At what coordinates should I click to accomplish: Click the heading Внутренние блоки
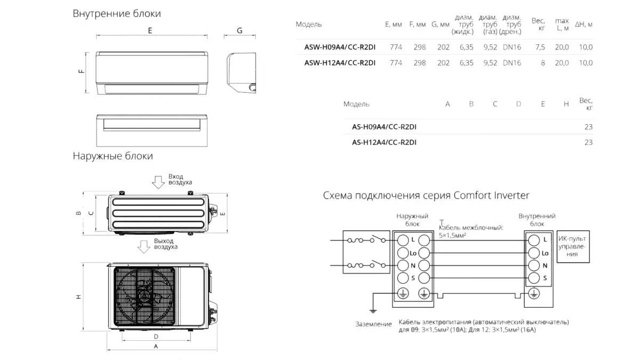click(117, 14)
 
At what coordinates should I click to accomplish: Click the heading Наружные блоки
click(113, 156)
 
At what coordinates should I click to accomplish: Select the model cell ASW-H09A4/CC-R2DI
click(340, 47)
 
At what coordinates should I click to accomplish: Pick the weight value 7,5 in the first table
click(540, 47)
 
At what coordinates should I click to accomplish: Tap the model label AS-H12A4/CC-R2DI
click(384, 142)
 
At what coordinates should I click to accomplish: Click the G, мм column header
click(441, 25)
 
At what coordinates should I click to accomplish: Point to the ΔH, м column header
click(583, 25)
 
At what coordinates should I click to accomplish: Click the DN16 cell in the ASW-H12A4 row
click(512, 63)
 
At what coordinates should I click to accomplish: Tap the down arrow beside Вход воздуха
click(158, 182)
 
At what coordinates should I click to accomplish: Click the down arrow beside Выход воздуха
click(143, 247)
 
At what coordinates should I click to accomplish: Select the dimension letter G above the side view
click(239, 30)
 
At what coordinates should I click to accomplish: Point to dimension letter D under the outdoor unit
click(156, 337)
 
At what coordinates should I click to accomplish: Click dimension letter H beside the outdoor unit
click(78, 297)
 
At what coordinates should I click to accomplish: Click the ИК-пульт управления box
click(573, 246)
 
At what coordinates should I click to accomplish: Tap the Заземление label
click(373, 324)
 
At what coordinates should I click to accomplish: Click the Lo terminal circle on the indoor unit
click(534, 253)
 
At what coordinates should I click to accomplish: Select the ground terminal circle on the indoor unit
click(534, 293)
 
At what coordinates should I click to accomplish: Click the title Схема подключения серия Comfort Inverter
click(426, 195)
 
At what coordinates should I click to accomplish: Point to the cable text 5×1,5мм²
click(452, 235)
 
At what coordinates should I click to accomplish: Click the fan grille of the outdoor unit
click(145, 297)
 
